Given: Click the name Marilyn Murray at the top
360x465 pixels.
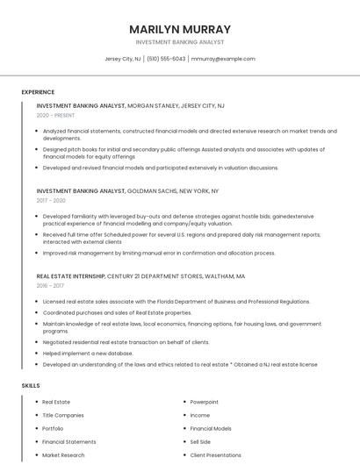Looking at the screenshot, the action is point(179,29).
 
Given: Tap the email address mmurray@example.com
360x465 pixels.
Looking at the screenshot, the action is point(223,59).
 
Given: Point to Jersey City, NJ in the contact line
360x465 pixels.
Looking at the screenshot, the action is point(123,59).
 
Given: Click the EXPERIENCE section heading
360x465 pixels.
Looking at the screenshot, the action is point(38,92).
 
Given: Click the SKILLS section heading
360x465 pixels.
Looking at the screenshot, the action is point(31,385).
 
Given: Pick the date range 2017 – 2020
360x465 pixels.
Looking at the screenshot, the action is point(51,200).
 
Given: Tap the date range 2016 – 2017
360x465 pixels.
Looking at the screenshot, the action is point(50,285).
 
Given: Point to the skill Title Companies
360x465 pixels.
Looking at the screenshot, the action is point(62,415).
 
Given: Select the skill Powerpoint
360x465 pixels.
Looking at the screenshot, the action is point(205,402).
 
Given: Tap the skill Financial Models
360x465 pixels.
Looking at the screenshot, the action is point(211,428).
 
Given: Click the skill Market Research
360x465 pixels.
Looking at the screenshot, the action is point(63,455).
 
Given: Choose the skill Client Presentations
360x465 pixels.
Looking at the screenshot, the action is point(215,455).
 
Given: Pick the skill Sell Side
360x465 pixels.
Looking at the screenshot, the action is point(200,442).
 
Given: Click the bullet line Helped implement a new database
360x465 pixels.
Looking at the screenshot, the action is point(93,353).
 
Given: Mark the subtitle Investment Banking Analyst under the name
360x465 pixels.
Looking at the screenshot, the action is point(179,42).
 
